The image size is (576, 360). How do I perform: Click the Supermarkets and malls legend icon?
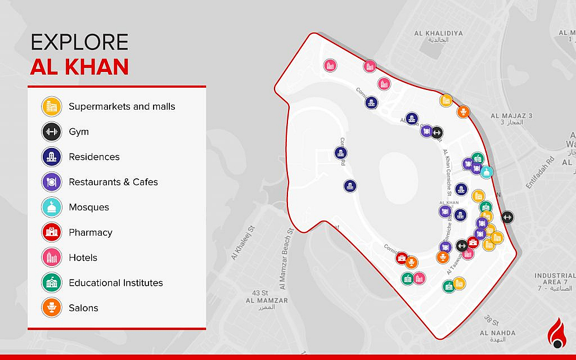pos(51,106)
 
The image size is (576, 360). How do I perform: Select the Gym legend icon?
pos(51,132)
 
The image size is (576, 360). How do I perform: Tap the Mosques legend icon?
pos(51,207)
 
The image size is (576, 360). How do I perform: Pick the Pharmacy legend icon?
pos(51,232)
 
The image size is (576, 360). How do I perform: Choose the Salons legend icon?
pos(51,308)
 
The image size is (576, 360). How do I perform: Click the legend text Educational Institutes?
pos(116,283)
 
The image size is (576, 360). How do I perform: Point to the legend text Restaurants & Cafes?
pos(113,182)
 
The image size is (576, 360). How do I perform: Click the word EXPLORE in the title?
pos(79,43)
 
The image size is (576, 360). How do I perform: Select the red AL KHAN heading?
pos(79,67)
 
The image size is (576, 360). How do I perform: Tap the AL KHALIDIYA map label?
pos(439,34)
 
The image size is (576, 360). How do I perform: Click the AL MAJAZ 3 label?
pos(511,116)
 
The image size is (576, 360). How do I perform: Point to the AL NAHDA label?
pos(497,333)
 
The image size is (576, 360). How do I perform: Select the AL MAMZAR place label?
pos(267,300)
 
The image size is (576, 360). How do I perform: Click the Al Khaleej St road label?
pos(243,245)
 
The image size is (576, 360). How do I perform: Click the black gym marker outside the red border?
pos(507,217)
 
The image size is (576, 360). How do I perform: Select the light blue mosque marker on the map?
pos(487,171)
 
